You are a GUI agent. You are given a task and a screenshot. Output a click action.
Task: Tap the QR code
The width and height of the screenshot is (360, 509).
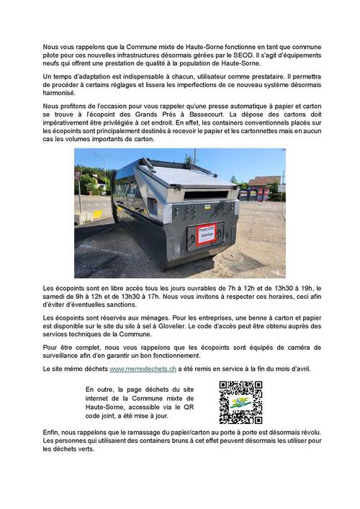(x=240, y=402)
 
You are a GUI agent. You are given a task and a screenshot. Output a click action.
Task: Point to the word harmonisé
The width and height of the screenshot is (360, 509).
(x=59, y=93)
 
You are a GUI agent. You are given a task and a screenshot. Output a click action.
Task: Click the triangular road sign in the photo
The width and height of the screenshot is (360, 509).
(x=78, y=175)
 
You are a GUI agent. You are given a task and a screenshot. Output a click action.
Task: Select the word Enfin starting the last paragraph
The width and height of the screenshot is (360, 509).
(x=53, y=431)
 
